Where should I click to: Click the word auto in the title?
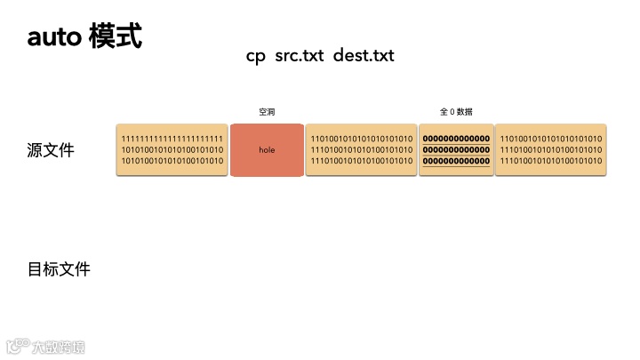point(55,37)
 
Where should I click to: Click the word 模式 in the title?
point(116,36)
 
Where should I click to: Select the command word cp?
point(256,55)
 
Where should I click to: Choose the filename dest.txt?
point(364,55)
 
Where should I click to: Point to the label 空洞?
point(267,112)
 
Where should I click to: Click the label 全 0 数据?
point(456,112)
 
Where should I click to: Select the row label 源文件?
point(51,150)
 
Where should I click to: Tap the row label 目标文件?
point(59,268)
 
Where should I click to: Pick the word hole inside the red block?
point(267,150)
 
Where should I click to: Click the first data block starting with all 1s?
point(172,150)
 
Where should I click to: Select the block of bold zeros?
point(456,150)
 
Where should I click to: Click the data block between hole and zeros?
point(361,150)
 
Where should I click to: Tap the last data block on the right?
point(550,150)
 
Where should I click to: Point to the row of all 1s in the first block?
point(172,139)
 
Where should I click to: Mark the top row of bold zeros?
point(456,139)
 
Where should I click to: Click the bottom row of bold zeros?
point(456,161)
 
